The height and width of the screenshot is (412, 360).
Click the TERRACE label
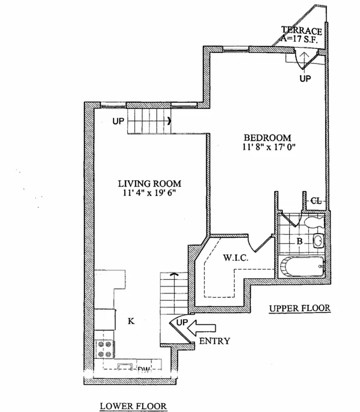302,31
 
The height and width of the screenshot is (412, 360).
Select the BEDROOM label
267,138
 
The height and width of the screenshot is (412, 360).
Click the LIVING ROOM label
149,184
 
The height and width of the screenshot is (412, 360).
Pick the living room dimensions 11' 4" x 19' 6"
149,193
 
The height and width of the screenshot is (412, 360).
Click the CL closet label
316,201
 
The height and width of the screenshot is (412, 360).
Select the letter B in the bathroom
298,241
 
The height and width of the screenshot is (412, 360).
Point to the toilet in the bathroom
313,222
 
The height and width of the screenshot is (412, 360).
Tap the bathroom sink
318,241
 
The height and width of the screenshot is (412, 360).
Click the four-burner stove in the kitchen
105,349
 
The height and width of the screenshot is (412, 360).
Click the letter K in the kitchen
131,321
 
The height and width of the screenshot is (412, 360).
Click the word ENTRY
214,340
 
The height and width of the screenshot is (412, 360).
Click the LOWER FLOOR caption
134,405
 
